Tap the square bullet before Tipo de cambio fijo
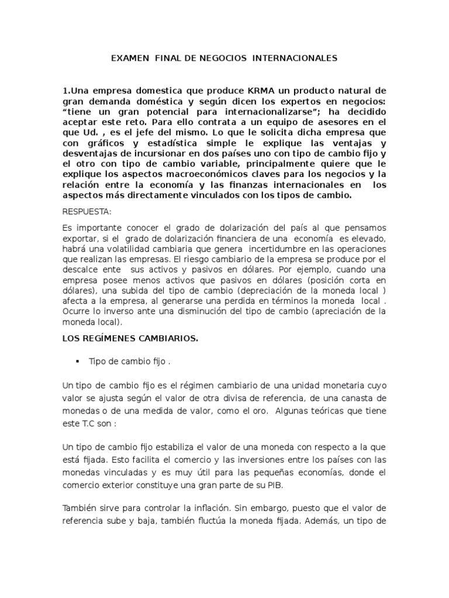coord(77,361)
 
